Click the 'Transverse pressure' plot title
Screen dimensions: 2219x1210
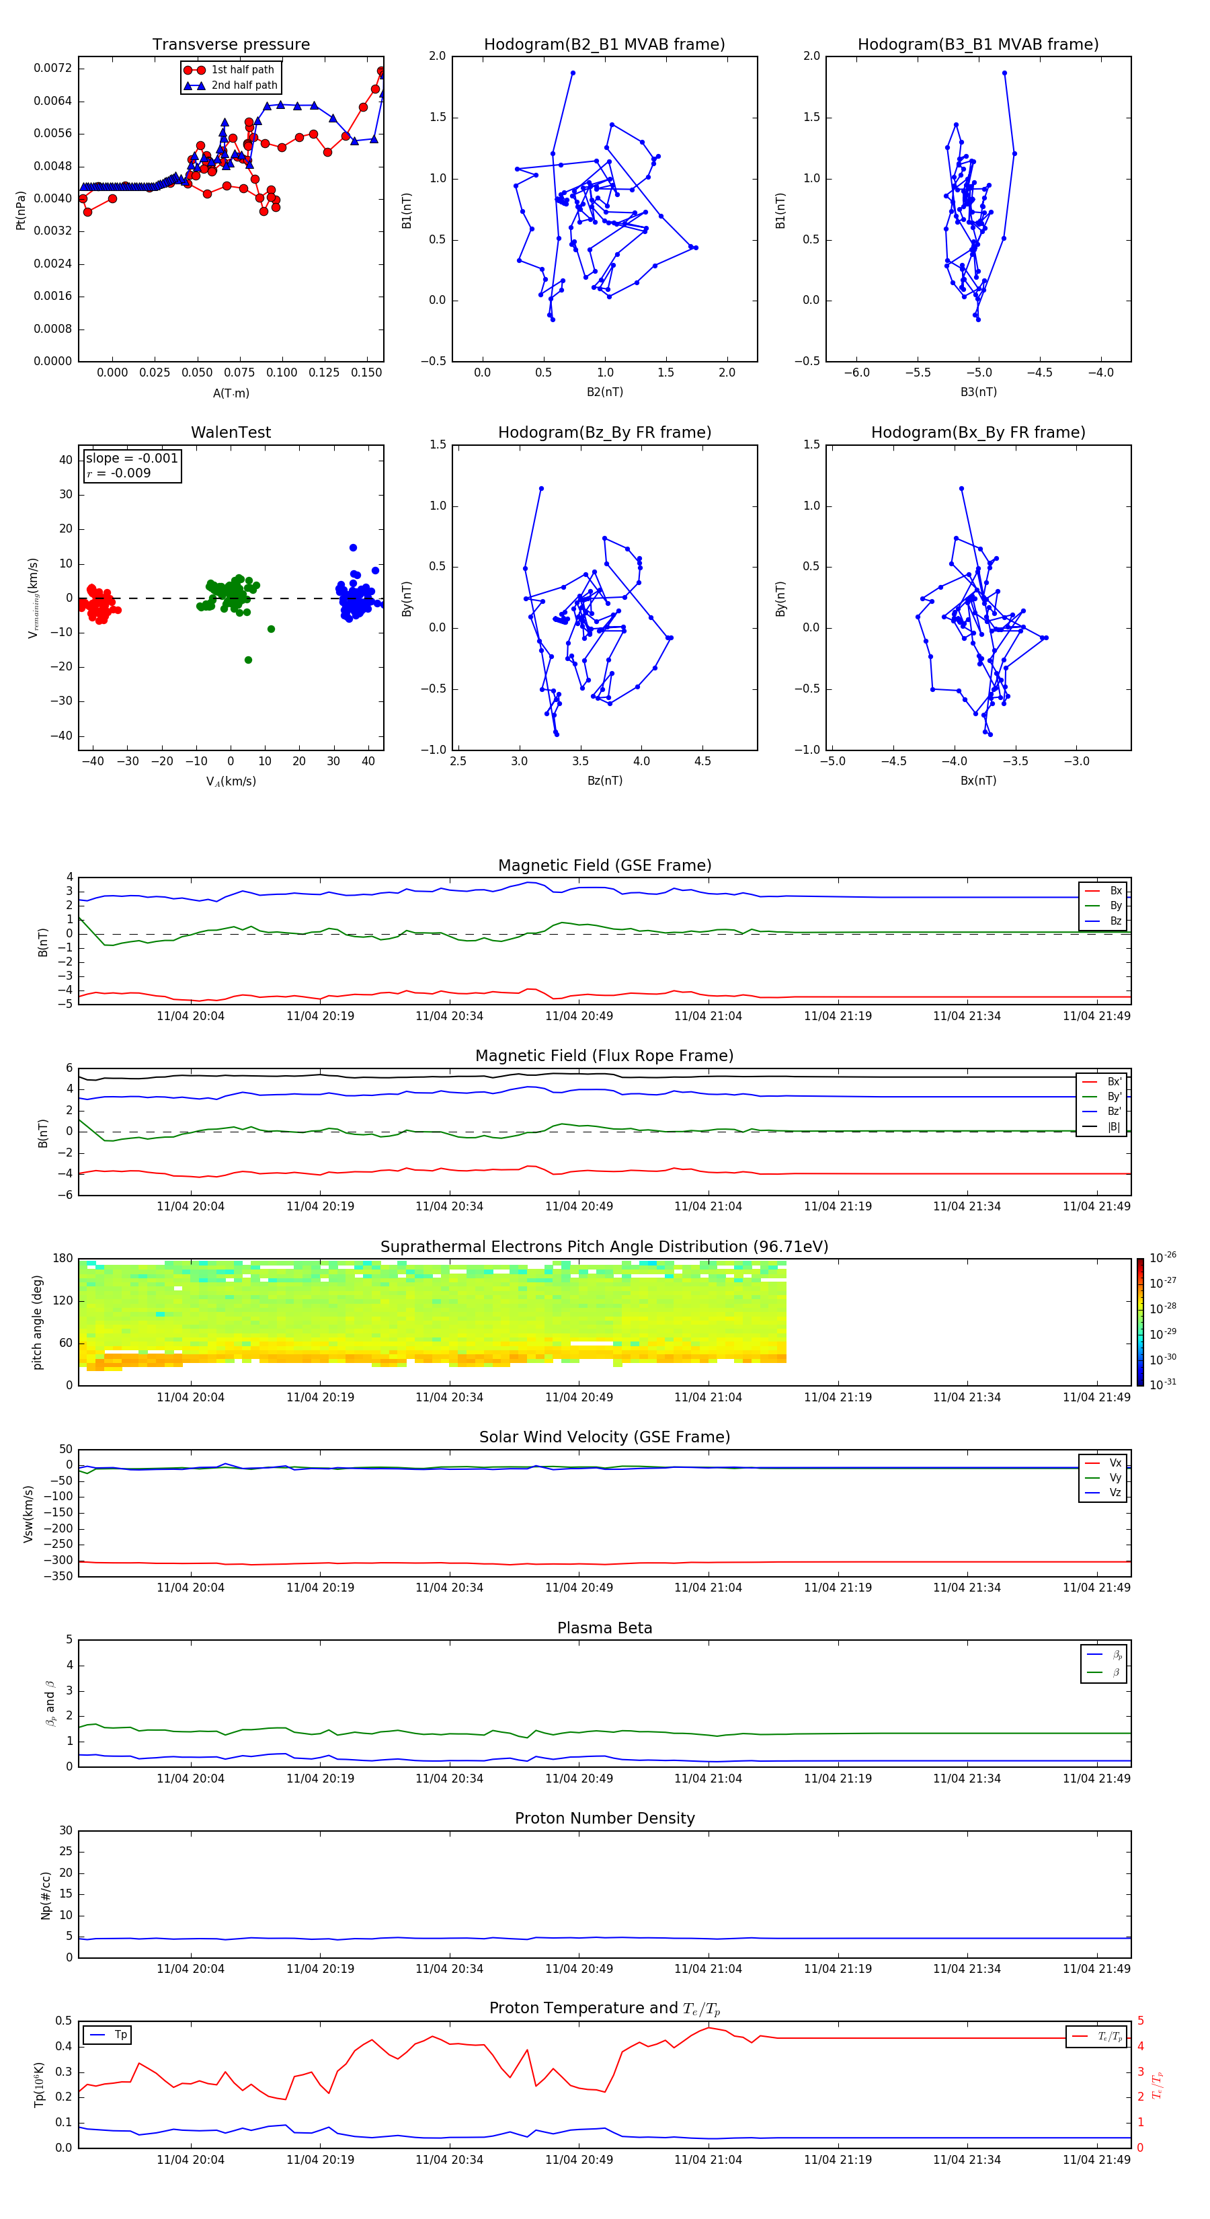coord(231,45)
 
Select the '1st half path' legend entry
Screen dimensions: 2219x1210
coord(242,70)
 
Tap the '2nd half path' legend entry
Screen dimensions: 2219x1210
coord(244,85)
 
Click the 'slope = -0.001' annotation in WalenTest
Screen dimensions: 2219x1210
coord(132,459)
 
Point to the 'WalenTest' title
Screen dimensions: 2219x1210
coord(231,432)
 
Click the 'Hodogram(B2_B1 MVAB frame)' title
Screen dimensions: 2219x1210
coord(604,45)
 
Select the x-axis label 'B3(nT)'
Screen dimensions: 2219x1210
coord(978,392)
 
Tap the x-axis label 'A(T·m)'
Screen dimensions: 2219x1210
coord(231,393)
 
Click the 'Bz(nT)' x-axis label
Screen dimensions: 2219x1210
coord(604,781)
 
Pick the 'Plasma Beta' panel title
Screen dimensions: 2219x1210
coord(604,1628)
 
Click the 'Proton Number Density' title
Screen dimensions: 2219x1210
coord(604,1818)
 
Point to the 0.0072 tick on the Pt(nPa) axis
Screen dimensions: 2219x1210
coord(52,68)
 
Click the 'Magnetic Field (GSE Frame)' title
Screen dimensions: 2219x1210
coord(604,865)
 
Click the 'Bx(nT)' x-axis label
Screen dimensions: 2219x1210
coord(978,781)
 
